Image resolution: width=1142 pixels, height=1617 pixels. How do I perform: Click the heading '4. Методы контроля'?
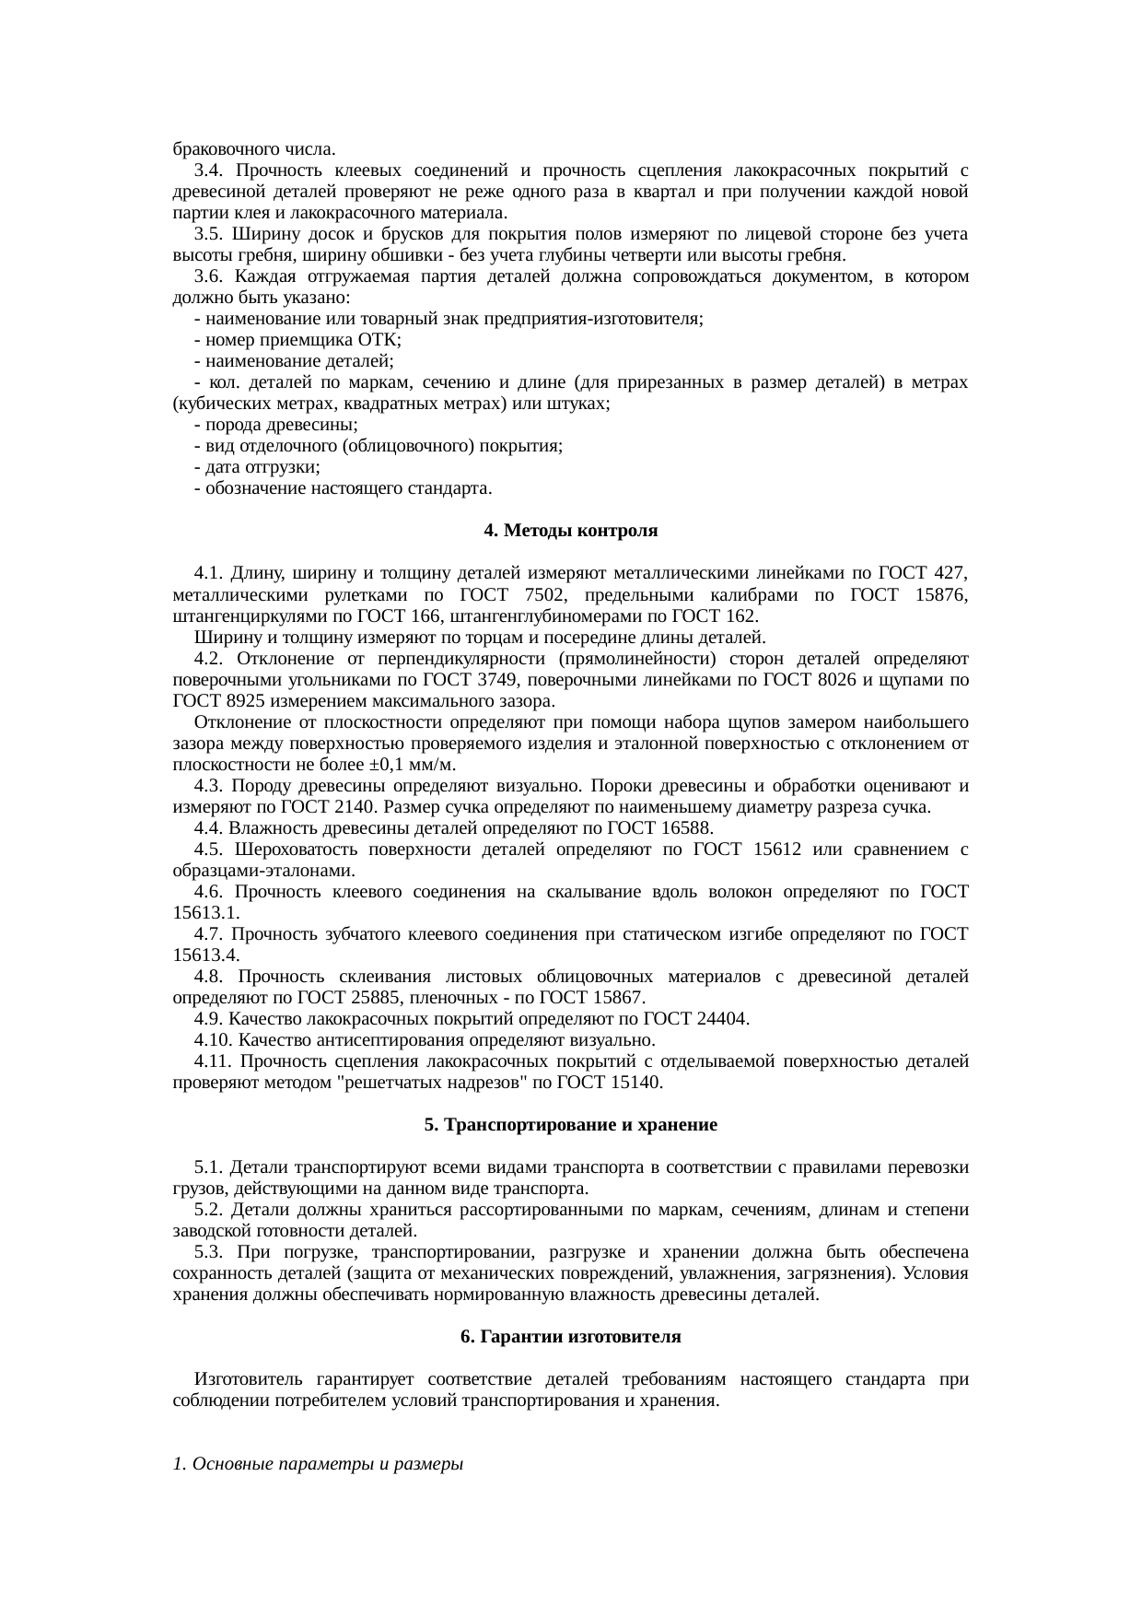click(x=570, y=532)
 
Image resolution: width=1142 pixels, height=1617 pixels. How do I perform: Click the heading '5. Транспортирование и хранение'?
click(x=570, y=1125)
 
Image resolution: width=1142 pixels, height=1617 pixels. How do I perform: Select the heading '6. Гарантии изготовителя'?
click(x=570, y=1336)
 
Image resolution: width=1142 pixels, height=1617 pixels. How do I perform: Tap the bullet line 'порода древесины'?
click(x=276, y=425)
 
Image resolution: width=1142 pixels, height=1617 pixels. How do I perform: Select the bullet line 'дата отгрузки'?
click(x=258, y=467)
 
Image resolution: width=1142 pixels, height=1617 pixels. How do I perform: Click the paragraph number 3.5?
click(x=209, y=234)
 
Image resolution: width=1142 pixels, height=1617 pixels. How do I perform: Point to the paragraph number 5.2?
click(x=209, y=1210)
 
